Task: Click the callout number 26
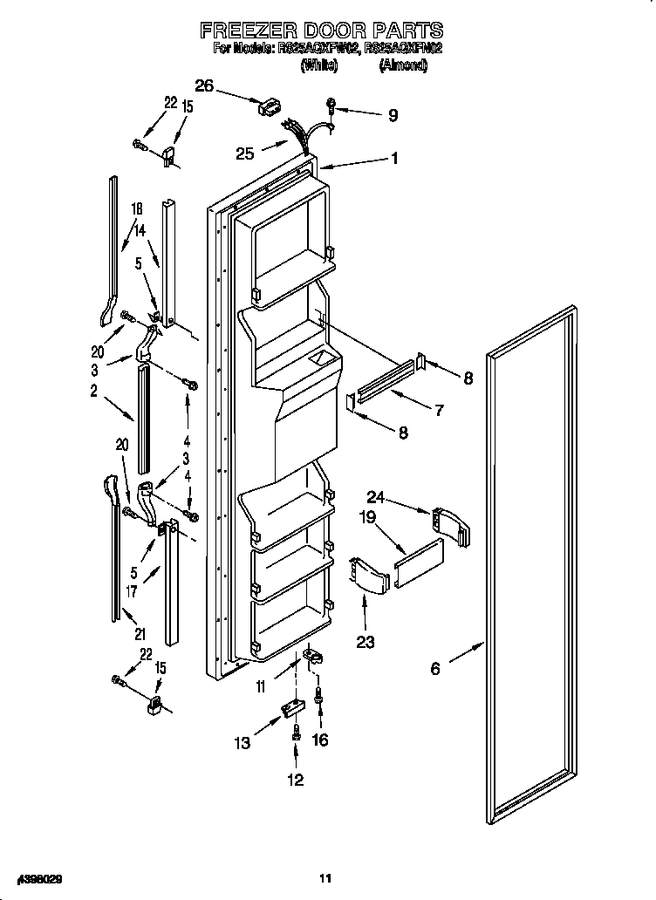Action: click(204, 85)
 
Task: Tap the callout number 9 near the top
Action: click(393, 114)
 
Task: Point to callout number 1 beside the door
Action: click(394, 159)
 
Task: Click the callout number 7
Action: click(439, 409)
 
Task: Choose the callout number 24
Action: click(375, 497)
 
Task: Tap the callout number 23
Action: click(365, 643)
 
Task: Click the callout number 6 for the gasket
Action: click(434, 669)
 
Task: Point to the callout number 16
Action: click(320, 740)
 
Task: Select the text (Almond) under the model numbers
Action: click(403, 65)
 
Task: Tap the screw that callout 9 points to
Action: click(332, 106)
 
